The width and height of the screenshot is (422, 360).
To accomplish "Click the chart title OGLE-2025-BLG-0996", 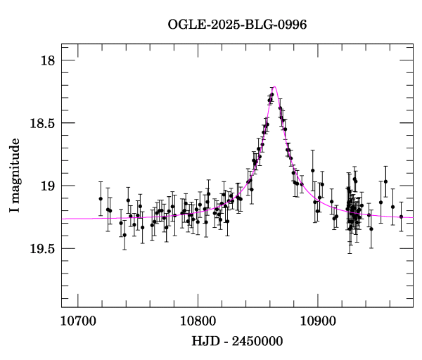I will click(237, 25).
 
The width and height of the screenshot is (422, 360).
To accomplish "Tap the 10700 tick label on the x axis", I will click(77, 322).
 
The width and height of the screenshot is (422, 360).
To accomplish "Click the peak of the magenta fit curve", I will click(274, 87).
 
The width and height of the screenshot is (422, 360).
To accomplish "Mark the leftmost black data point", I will click(101, 198).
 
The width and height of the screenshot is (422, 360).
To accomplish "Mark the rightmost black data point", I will click(401, 217).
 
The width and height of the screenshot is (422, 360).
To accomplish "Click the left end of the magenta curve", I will click(62, 219).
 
